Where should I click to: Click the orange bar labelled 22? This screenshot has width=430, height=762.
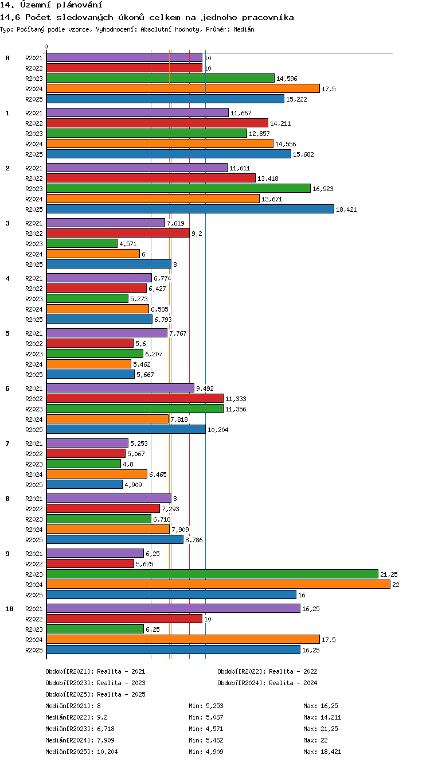[x=218, y=584]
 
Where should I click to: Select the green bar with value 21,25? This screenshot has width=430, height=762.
[x=213, y=574]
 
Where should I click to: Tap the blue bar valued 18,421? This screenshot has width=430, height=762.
[x=190, y=209]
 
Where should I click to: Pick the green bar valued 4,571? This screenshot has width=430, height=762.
[x=82, y=243]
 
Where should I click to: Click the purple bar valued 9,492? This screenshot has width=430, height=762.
[x=120, y=388]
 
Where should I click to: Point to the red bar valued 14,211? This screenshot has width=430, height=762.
[x=158, y=123]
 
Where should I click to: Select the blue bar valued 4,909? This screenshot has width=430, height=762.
[x=84, y=484]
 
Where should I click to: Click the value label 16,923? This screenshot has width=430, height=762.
[x=323, y=189]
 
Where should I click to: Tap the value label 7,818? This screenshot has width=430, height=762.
[x=179, y=419]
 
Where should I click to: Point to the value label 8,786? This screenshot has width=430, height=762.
[x=194, y=540]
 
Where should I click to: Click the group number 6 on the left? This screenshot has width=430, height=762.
[x=7, y=388]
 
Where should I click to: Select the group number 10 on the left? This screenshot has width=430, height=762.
[x=9, y=609]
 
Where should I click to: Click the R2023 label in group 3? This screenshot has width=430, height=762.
[x=34, y=244]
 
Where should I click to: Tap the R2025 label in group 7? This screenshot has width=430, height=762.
[x=34, y=485]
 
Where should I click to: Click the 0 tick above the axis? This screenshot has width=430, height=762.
[x=46, y=46]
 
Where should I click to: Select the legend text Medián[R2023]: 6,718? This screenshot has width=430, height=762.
[x=80, y=729]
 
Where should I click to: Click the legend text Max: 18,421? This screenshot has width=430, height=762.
[x=322, y=752]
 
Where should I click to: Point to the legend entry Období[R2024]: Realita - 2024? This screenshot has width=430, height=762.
[x=267, y=683]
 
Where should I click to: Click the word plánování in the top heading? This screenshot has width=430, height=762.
[x=79, y=5]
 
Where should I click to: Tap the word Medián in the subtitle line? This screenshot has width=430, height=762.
[x=244, y=29]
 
